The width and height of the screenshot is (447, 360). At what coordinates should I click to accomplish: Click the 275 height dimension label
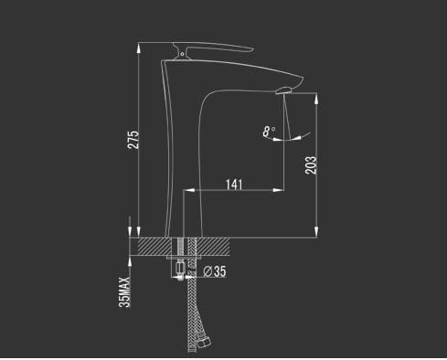click(x=133, y=140)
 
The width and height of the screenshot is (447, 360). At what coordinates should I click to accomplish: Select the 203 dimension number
click(x=311, y=165)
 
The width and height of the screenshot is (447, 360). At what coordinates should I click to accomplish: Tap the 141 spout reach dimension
click(x=234, y=185)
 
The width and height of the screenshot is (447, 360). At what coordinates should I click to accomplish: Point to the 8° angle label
click(x=269, y=132)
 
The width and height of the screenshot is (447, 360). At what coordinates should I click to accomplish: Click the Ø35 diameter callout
click(x=215, y=271)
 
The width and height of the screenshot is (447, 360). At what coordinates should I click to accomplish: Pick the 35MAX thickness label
click(x=124, y=291)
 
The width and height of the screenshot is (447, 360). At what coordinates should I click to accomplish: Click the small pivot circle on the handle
click(x=182, y=54)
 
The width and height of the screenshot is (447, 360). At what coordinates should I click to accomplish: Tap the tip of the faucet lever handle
click(x=252, y=48)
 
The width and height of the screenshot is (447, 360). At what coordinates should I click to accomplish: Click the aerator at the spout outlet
click(x=284, y=90)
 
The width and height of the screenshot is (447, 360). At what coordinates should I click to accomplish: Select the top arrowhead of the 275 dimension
click(x=139, y=48)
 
